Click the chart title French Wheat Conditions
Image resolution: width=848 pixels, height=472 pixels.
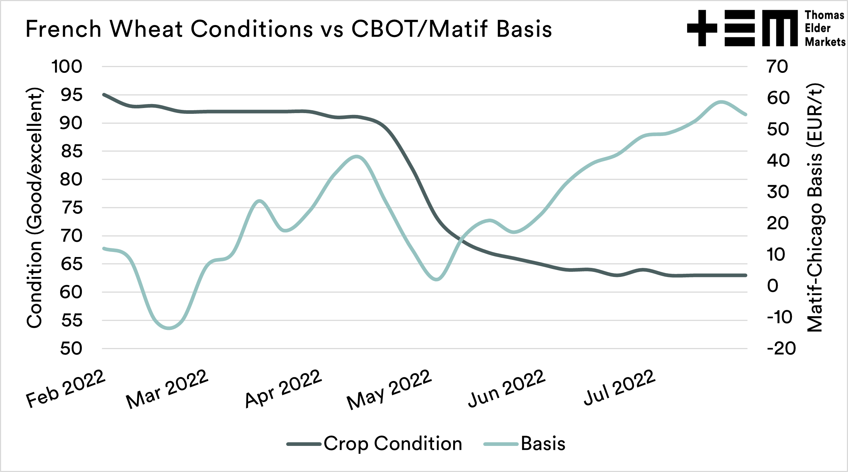coord(288,29)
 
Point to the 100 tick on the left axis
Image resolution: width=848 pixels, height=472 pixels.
coord(67,67)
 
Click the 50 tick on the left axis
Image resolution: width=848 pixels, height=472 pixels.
coord(71,349)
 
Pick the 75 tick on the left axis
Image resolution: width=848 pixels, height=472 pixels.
coord(71,208)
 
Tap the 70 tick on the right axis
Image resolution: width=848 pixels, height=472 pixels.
coord(777,67)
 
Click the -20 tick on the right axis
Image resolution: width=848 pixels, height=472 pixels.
coord(781,349)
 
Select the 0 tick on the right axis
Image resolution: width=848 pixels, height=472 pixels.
coord(773,286)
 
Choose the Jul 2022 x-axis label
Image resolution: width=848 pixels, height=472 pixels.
coord(619,387)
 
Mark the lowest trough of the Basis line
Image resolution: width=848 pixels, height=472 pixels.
coord(169,328)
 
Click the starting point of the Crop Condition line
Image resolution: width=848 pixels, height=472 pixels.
coord(104,95)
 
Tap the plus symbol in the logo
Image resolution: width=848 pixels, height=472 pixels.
coord(702,28)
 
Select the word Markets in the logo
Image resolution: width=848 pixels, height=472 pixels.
coord(825,42)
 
